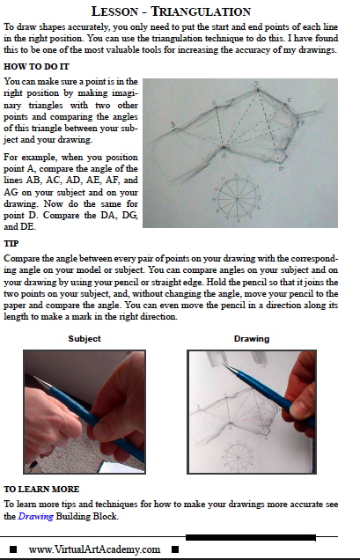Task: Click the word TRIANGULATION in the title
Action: [x=201, y=11]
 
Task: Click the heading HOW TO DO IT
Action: [x=36, y=67]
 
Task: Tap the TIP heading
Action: [x=11, y=244]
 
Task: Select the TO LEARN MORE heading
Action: [x=41, y=489]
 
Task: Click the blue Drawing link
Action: [x=36, y=516]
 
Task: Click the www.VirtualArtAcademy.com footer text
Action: [x=94, y=549]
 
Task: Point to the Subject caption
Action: [x=84, y=339]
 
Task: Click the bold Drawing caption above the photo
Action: [x=252, y=339]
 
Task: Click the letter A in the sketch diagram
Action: [x=224, y=155]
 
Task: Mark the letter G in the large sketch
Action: [x=281, y=167]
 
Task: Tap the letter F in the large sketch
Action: [x=303, y=123]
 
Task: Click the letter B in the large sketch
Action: [x=173, y=125]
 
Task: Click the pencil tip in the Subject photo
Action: [x=34, y=377]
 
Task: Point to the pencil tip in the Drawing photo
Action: [x=223, y=365]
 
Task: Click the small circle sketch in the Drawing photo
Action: [x=237, y=455]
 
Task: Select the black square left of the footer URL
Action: [x=13, y=549]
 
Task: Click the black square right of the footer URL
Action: [x=175, y=549]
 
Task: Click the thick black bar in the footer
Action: [x=251, y=537]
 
